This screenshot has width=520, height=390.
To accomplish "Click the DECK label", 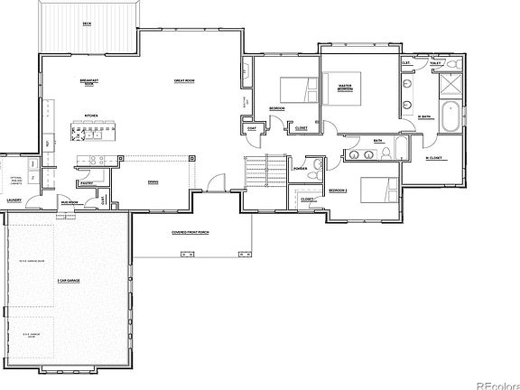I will [87, 23].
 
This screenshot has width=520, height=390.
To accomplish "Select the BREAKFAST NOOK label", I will [88, 82].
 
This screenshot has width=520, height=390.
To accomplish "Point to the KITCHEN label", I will [91, 116].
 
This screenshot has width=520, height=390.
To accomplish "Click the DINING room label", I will [153, 181].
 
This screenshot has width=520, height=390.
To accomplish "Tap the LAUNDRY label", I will [14, 200].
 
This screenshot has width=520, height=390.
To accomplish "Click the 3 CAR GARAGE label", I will [68, 281].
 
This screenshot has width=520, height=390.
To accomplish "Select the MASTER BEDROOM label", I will [344, 88].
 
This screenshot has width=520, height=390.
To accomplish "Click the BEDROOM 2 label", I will [338, 190].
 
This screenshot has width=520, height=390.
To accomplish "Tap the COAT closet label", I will [251, 127].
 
